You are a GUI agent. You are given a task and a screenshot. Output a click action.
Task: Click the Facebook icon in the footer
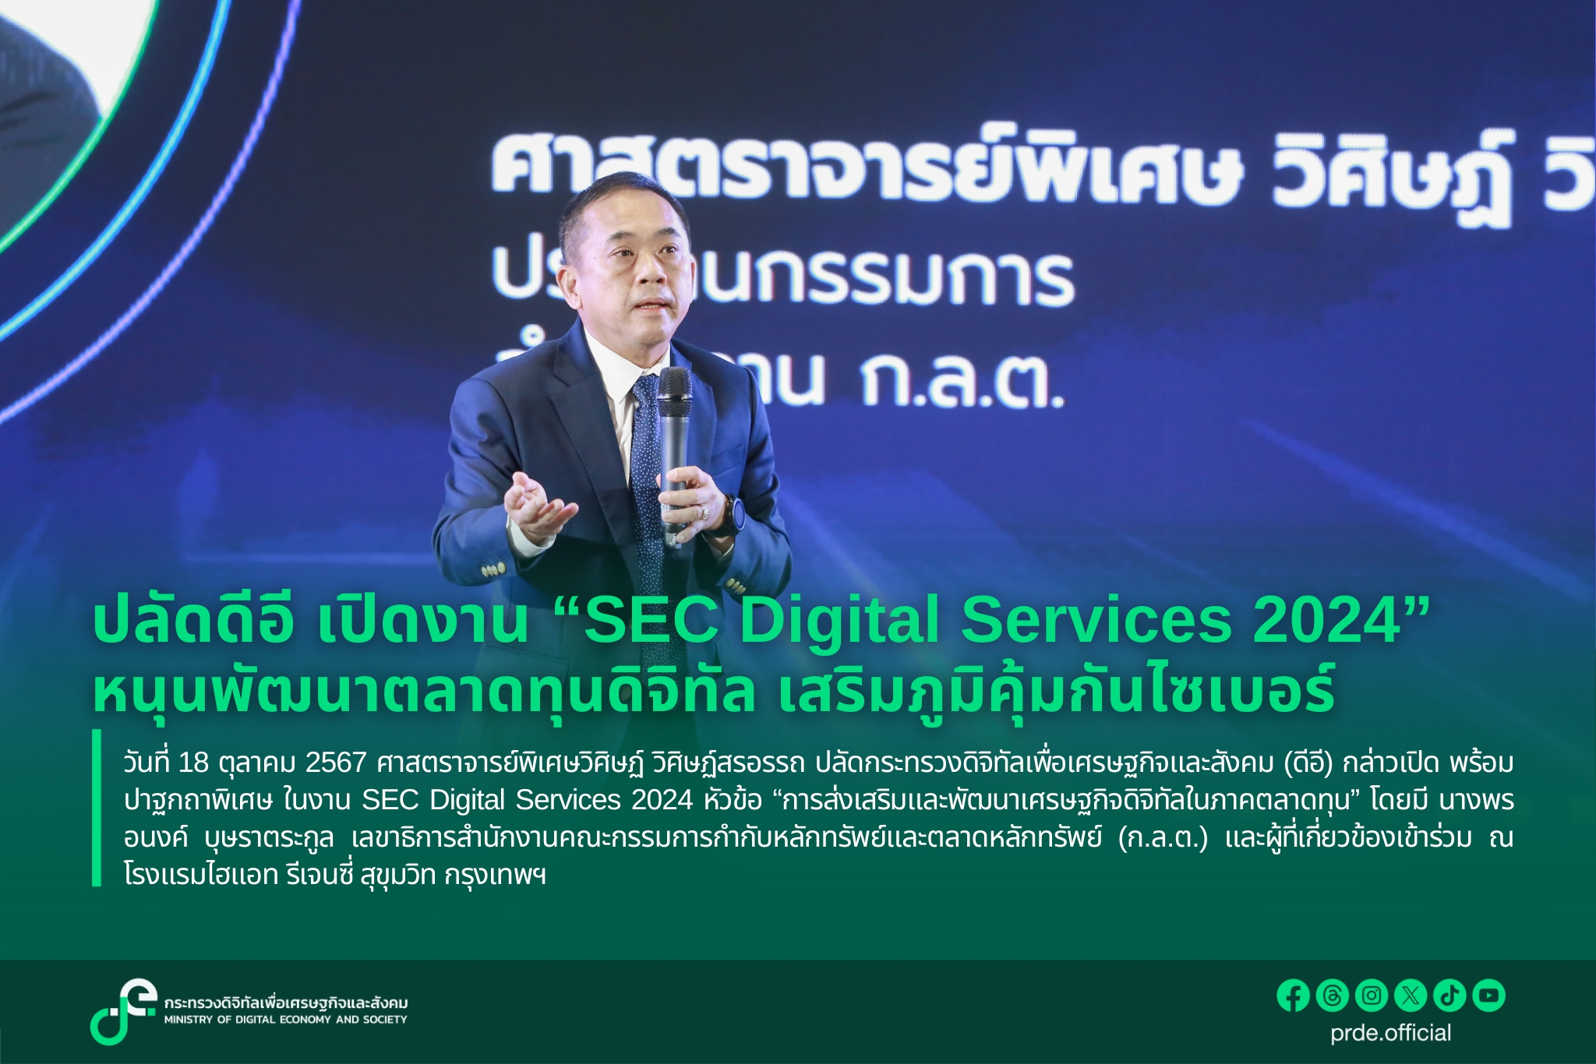[x=1294, y=995]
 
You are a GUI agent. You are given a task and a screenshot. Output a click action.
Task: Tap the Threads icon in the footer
[x=1333, y=995]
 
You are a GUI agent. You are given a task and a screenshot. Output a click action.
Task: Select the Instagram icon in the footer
[x=1372, y=995]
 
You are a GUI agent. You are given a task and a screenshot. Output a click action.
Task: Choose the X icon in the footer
[x=1411, y=995]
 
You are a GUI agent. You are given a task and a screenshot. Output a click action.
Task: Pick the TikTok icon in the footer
[x=1449, y=995]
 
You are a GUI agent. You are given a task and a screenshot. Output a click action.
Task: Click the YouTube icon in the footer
[x=1488, y=995]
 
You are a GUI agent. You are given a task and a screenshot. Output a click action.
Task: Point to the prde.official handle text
[x=1391, y=1033]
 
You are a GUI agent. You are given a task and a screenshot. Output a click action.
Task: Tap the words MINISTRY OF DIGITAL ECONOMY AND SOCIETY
[x=285, y=1020]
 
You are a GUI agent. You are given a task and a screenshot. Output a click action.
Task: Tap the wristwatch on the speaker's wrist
[x=733, y=515]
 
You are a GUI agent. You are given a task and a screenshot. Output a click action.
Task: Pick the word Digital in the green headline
[x=842, y=621]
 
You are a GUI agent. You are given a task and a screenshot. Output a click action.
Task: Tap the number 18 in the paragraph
[x=194, y=763]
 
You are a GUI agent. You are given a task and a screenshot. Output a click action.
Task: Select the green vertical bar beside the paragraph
[x=97, y=808]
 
